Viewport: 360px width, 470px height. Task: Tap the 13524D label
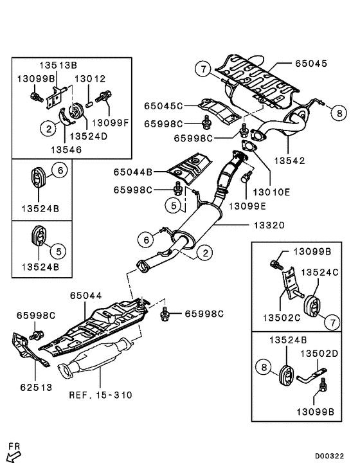pos(88,137)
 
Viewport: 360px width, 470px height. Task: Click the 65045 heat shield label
pos(311,64)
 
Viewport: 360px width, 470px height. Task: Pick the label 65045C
pos(163,105)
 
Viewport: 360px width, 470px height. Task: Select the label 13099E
pos(247,205)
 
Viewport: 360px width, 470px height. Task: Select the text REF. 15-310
pos(100,395)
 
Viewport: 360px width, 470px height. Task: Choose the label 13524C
pos(321,273)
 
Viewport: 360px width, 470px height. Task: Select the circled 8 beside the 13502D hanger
pos(263,367)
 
